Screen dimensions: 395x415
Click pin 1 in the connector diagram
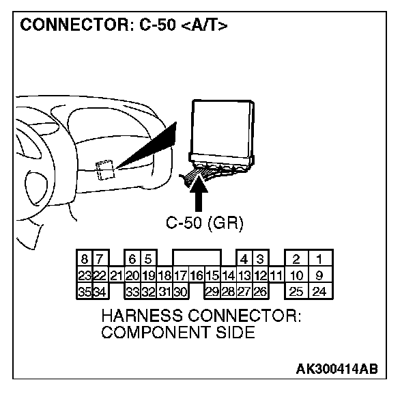coord(319,260)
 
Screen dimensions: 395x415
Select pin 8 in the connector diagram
coord(84,260)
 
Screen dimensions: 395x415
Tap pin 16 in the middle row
coord(197,276)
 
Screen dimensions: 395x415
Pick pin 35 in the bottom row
coord(84,292)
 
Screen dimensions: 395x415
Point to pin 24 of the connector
coord(319,292)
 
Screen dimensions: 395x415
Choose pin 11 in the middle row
coord(276,276)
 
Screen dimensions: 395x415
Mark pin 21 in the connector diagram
coord(115,276)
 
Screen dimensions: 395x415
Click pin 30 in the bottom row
coord(180,292)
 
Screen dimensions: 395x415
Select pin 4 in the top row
coord(244,260)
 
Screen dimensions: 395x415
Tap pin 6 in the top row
coord(132,260)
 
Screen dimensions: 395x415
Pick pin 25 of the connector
coord(296,292)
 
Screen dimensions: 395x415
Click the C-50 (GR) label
coord(205,223)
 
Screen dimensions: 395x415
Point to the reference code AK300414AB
coord(336,370)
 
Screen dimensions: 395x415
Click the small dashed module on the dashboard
coord(104,169)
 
